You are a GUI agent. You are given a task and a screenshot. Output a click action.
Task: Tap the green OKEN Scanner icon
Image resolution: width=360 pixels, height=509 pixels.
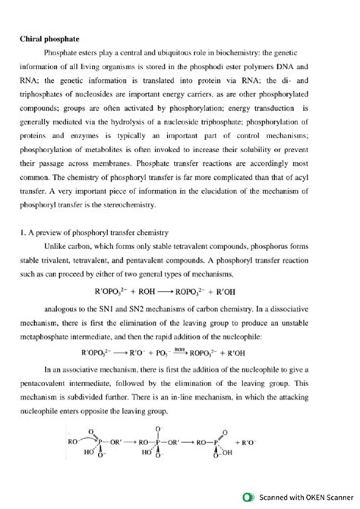point(247,497)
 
